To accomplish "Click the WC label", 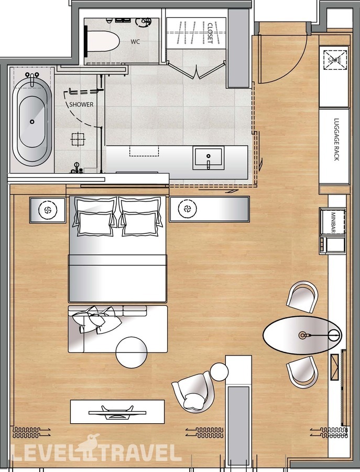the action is click(135, 42).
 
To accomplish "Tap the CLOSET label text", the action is click(210, 33).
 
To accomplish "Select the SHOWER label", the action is click(81, 104).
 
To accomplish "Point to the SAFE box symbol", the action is click(335, 60).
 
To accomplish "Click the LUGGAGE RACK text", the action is click(336, 139).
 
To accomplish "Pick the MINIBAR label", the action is click(333, 223).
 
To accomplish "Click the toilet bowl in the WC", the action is click(102, 42).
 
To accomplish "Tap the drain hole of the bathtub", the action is click(32, 122).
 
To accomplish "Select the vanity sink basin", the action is click(209, 158).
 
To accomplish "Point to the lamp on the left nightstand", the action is click(47, 209).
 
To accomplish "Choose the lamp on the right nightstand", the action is click(188, 209).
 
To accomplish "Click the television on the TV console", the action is click(117, 412).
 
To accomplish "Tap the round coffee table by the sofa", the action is click(132, 352).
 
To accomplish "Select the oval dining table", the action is click(302, 335).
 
